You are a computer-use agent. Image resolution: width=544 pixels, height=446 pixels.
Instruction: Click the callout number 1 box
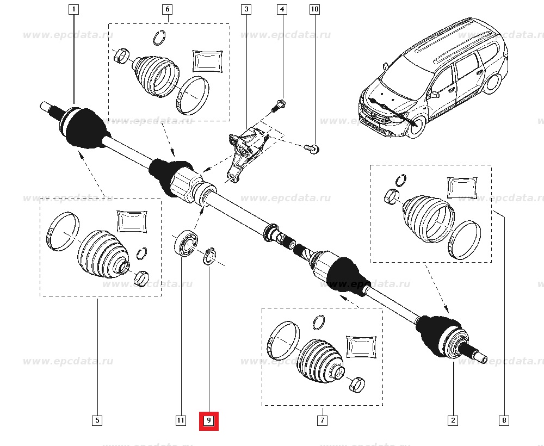[73, 9]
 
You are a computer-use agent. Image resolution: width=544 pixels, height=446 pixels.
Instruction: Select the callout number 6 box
[167, 9]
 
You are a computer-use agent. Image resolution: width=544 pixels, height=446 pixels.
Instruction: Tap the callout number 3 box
[246, 9]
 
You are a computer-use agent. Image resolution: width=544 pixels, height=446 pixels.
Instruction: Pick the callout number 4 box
[281, 9]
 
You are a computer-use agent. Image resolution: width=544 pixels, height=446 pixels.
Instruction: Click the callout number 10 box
[314, 9]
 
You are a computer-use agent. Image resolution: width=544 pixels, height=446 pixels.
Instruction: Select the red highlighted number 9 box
[208, 420]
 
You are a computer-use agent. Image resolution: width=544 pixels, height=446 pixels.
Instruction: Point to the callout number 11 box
[181, 420]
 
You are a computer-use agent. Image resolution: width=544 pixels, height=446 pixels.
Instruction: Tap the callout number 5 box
[97, 420]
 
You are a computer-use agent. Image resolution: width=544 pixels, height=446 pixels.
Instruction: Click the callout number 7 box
[322, 420]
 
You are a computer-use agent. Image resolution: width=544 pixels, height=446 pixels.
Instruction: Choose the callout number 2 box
[453, 420]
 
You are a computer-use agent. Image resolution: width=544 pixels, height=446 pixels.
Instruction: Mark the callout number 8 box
[504, 420]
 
